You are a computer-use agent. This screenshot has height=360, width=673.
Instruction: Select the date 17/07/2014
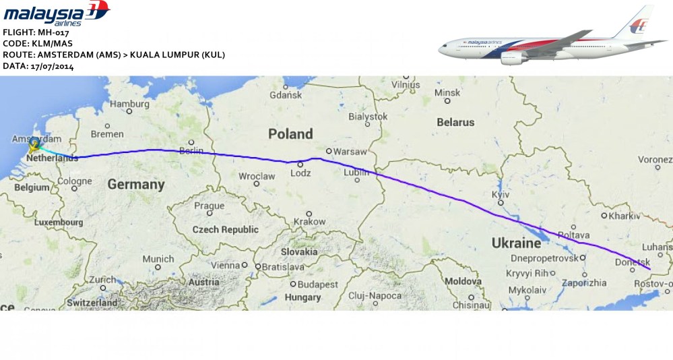(x=53, y=66)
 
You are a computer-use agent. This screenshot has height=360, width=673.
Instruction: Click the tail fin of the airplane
(x=637, y=24)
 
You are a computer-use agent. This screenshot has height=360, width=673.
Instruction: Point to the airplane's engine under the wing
(x=515, y=58)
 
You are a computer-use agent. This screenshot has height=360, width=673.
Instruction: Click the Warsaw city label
(x=350, y=152)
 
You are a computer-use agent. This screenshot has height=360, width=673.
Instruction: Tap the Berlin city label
(x=192, y=151)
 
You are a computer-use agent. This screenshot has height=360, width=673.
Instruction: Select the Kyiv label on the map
(x=501, y=194)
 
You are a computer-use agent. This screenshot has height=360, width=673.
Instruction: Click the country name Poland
(x=290, y=133)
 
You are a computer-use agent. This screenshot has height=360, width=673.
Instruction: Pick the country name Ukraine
(x=516, y=243)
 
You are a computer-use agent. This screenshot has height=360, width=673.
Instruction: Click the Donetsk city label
(x=633, y=262)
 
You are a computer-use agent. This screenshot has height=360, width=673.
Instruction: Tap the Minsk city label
(x=447, y=92)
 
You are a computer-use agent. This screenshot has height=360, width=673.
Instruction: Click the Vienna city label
(x=225, y=266)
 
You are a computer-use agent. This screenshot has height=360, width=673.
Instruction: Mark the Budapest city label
(x=318, y=284)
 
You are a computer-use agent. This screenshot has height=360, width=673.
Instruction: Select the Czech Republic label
(x=225, y=229)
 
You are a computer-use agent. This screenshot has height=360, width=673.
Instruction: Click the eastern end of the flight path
(x=650, y=269)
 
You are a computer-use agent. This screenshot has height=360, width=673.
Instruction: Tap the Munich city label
(x=158, y=259)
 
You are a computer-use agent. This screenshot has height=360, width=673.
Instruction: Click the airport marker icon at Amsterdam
(x=34, y=143)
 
